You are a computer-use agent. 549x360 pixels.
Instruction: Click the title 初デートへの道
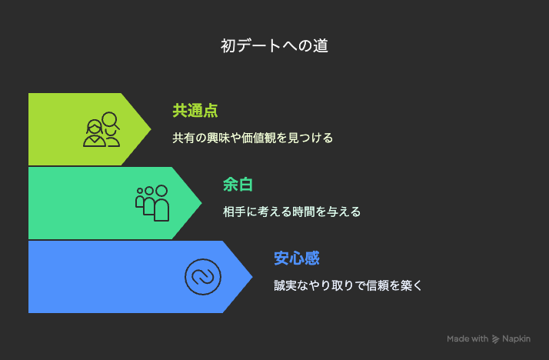[274, 46]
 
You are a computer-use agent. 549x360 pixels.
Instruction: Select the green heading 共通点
[195, 111]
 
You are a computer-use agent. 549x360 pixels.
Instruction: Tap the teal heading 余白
[238, 185]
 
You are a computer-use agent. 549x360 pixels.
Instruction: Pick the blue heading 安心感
[297, 258]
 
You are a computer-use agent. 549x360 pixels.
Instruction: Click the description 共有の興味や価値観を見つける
[252, 138]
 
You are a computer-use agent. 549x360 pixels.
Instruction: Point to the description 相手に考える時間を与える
[291, 212]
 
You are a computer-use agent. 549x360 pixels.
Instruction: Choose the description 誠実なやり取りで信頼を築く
[348, 285]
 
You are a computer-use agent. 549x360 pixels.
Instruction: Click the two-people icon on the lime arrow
[101, 129]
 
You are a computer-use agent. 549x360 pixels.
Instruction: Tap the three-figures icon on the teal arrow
[152, 203]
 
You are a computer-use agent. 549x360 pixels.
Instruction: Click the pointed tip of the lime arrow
[151, 129]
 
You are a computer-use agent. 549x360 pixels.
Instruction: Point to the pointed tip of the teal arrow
[201, 203]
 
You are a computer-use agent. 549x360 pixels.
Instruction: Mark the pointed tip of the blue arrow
[252, 277]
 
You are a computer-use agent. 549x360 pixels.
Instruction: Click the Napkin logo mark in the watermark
[495, 339]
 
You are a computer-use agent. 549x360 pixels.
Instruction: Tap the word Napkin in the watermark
[516, 339]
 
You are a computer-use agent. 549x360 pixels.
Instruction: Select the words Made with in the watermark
[467, 338]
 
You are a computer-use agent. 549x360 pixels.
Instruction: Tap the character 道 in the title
[321, 46]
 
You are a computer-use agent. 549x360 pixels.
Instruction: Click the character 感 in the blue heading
[312, 258]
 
